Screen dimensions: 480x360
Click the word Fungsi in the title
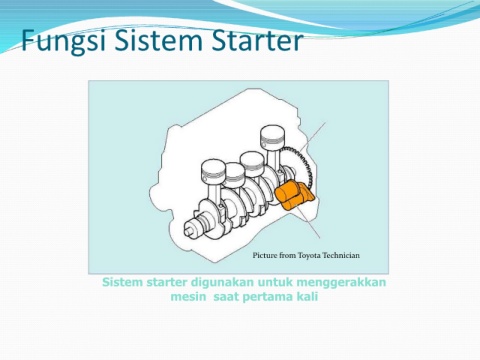[64, 41]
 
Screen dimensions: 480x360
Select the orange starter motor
[294, 195]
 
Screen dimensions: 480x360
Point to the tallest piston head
[273, 135]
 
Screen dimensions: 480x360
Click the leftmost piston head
[214, 169]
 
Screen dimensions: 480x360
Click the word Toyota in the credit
[309, 256]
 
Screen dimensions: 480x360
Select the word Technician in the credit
[341, 255]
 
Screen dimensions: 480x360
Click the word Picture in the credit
[265, 255]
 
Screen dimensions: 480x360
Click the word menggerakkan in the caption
[341, 282]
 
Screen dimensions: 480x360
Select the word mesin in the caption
[188, 296]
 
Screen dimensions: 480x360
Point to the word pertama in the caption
[266, 297]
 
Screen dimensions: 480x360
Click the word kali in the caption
[307, 296]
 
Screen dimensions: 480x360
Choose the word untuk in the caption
[275, 282]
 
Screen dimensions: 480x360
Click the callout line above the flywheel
[312, 136]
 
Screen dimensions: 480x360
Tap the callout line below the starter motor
[308, 223]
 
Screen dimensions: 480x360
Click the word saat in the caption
[225, 296]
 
